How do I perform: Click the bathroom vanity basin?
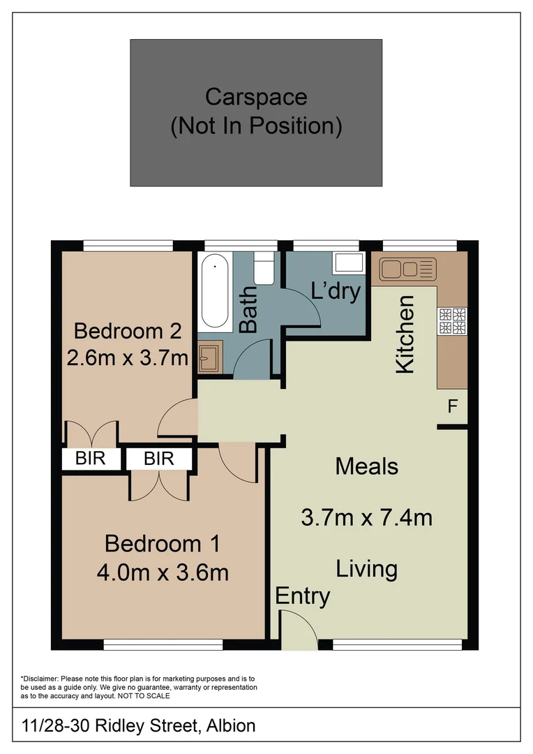[209, 358]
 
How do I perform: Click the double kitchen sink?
[407, 268]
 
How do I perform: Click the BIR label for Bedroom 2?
[90, 459]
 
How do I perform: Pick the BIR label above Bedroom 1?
[158, 459]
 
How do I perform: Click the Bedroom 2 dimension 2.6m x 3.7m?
[128, 358]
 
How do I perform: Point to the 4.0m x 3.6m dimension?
[163, 572]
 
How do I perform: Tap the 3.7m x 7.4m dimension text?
[366, 517]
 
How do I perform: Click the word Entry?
[303, 596]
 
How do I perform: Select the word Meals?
[366, 466]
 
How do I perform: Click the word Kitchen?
[405, 334]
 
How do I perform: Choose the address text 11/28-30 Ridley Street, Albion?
[138, 725]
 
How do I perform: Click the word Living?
[366, 568]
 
